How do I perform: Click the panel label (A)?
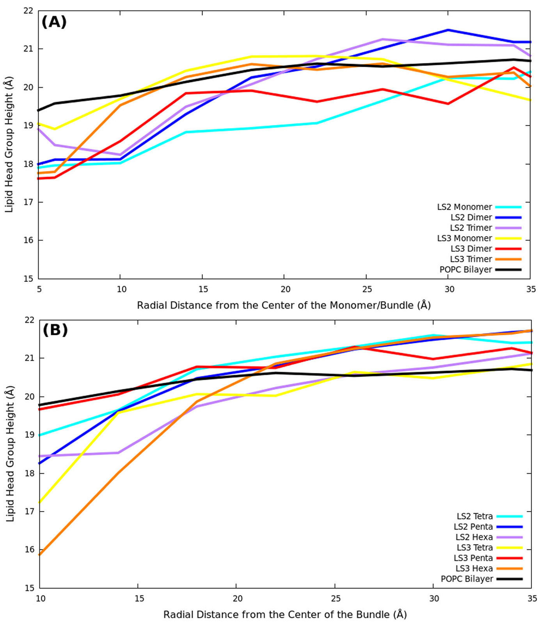click(x=54, y=22)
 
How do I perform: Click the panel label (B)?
click(x=55, y=330)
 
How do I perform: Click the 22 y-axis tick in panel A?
click(x=28, y=11)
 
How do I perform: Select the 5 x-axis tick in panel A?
click(x=39, y=289)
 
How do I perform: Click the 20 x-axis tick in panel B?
click(x=237, y=599)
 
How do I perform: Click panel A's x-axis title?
click(x=284, y=305)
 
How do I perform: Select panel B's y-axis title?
click(x=10, y=453)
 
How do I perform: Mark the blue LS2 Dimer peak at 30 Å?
click(x=448, y=30)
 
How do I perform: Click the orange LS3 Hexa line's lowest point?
click(x=40, y=554)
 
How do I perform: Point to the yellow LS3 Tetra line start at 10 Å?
click(x=40, y=502)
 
